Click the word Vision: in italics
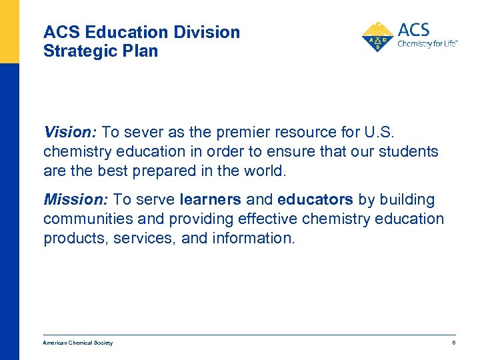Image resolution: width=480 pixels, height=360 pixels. click(x=64, y=132)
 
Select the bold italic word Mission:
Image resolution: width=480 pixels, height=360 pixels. click(x=69, y=199)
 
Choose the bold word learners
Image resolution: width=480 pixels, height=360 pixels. click(x=210, y=199)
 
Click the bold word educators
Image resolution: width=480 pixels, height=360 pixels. click(x=315, y=199)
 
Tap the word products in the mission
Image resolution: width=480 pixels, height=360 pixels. click(x=71, y=238)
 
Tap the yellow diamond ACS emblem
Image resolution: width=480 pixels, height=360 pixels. click(x=377, y=37)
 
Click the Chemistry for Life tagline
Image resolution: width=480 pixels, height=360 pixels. click(x=427, y=45)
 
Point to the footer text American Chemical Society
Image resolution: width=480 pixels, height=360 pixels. click(x=78, y=343)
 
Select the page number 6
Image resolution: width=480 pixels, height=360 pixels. click(x=453, y=343)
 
